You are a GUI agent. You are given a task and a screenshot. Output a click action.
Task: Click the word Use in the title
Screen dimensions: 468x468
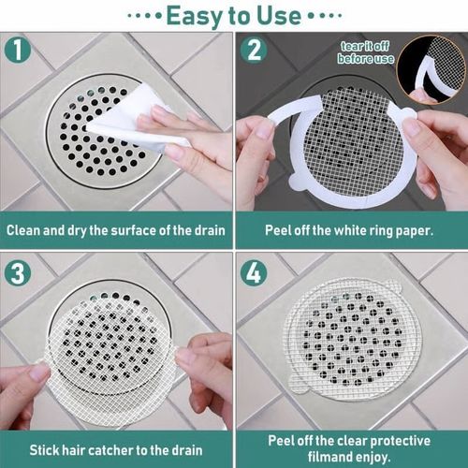[x=278, y=15]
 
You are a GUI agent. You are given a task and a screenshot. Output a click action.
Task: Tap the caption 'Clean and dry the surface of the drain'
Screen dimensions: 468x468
[x=116, y=229]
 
